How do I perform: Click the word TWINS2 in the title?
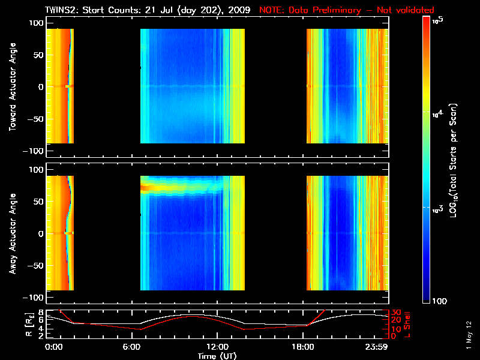(x=62, y=10)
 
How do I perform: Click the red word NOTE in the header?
(x=272, y=10)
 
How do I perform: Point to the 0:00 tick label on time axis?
(x=54, y=347)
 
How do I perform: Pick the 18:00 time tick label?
(x=305, y=347)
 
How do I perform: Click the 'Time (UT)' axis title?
(x=221, y=356)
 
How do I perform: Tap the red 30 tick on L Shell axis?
(x=396, y=313)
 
